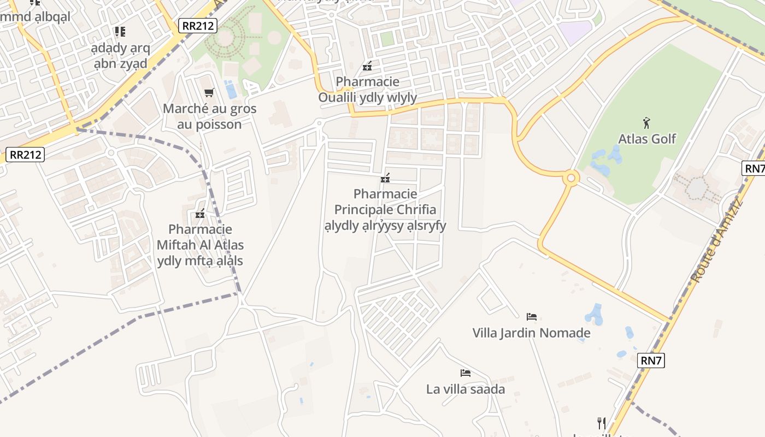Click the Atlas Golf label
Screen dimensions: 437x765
[647, 139]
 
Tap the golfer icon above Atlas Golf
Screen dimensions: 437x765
[647, 122]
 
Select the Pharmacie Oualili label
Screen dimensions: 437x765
[368, 90]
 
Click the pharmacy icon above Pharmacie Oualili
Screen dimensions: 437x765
[367, 67]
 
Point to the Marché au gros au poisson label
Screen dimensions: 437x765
[209, 116]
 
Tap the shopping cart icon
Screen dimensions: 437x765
[209, 93]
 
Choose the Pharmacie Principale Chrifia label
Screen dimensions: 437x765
[385, 210]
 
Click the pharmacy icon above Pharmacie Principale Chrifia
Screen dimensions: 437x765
[385, 178]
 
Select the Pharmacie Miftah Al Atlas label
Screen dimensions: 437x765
[200, 245]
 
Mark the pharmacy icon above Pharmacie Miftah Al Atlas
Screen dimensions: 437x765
[200, 214]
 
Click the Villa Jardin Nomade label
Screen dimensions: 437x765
[531, 333]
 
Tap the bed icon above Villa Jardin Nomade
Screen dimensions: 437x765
[531, 316]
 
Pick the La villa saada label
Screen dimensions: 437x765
[466, 389]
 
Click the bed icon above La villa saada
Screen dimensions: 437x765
[466, 373]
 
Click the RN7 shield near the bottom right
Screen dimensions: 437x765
[651, 360]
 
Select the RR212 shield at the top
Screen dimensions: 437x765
[198, 25]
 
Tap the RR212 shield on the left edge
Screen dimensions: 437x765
[26, 155]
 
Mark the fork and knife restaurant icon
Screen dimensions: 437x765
[602, 423]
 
